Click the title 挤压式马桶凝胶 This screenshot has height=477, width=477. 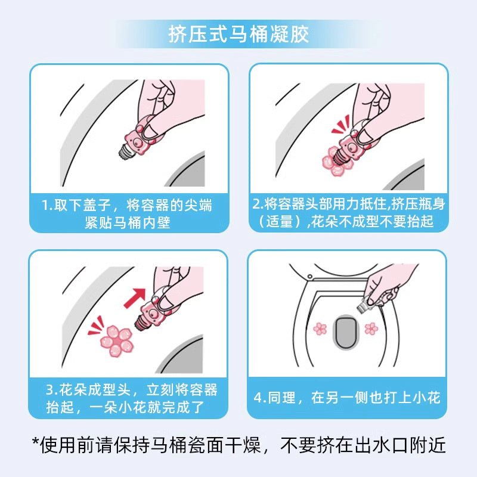238,35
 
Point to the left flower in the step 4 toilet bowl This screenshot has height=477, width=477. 320,328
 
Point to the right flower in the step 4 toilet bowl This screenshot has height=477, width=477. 370,328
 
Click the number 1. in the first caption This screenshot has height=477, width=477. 49,206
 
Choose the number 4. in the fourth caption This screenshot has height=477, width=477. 260,398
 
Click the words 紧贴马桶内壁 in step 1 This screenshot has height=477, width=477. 129,223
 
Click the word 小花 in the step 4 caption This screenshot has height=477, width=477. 426,398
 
